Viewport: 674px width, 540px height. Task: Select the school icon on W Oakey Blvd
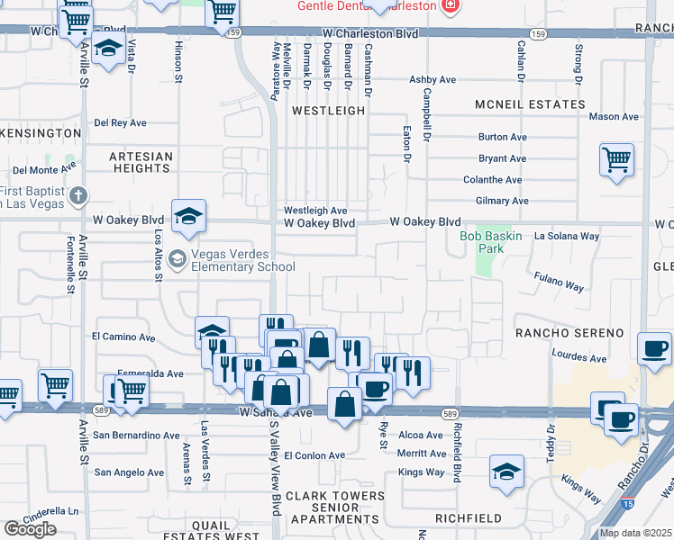click(189, 217)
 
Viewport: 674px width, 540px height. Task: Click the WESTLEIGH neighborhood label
click(329, 111)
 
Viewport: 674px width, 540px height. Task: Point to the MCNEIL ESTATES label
click(531, 104)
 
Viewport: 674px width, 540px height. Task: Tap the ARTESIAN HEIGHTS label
click(141, 162)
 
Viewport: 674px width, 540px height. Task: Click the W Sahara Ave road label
click(275, 412)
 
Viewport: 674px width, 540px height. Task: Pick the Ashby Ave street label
click(429, 80)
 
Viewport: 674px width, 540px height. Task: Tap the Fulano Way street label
click(559, 282)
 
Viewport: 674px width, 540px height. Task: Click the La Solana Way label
click(567, 236)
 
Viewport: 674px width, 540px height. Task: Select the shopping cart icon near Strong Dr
click(616, 160)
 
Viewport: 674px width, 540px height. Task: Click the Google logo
click(30, 529)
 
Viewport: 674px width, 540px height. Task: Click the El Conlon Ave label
click(314, 455)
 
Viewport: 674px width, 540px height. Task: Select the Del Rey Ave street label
click(121, 122)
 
